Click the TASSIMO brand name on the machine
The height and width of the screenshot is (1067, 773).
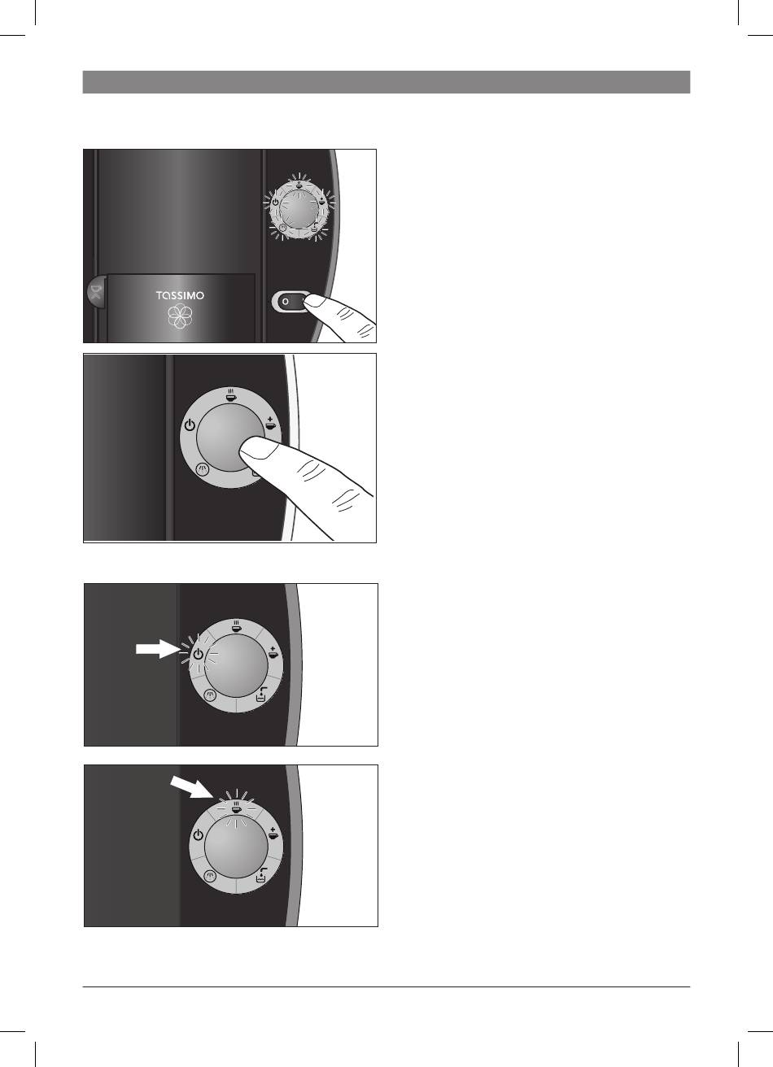pyautogui.click(x=180, y=295)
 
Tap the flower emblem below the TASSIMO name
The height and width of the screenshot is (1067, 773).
pyautogui.click(x=180, y=316)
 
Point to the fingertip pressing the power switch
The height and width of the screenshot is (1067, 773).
pyautogui.click(x=315, y=301)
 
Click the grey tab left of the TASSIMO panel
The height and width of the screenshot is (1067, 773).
pyautogui.click(x=96, y=291)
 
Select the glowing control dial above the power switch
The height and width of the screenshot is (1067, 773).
pyautogui.click(x=299, y=207)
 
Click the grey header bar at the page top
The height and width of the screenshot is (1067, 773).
pyautogui.click(x=386, y=82)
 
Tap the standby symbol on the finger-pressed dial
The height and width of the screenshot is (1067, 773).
pyautogui.click(x=190, y=425)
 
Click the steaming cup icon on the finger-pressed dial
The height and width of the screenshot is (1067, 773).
pyautogui.click(x=230, y=395)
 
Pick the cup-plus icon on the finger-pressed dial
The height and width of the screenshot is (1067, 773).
pyautogui.click(x=270, y=423)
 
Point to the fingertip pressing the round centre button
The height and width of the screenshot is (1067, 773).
pyautogui.click(x=255, y=449)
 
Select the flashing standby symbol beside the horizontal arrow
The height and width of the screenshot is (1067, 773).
pyautogui.click(x=198, y=655)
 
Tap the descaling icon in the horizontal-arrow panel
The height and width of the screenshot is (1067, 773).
pyautogui.click(x=261, y=695)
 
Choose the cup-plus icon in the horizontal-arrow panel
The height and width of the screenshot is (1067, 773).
pyautogui.click(x=273, y=651)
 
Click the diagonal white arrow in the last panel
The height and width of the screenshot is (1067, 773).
pyautogui.click(x=190, y=786)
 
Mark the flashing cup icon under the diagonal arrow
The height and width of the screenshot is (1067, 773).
pyautogui.click(x=236, y=808)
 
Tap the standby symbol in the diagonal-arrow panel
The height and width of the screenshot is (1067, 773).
pyautogui.click(x=198, y=835)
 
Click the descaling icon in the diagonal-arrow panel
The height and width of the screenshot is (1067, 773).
pyautogui.click(x=261, y=876)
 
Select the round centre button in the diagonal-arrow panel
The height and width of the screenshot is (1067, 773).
pyautogui.click(x=236, y=848)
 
